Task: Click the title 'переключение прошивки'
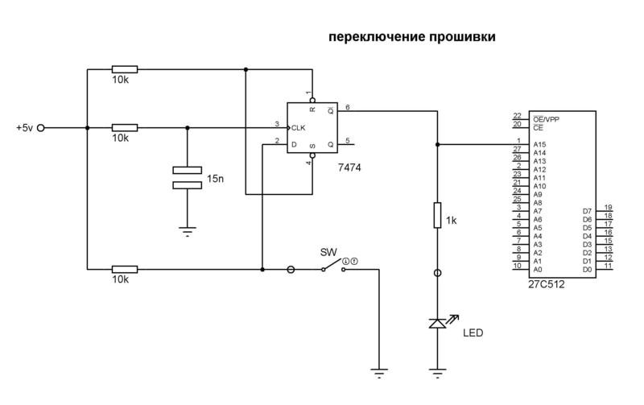pos(411,37)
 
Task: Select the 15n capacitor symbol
pos(188,176)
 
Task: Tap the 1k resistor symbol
pos(437,216)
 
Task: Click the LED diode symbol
pos(437,323)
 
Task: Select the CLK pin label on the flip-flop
pos(299,127)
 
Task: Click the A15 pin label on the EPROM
pos(539,145)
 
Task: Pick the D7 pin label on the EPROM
pos(587,211)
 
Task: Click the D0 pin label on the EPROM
pos(587,270)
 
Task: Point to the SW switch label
pos(328,251)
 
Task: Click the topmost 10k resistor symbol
pos(125,69)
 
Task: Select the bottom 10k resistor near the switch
pos(125,270)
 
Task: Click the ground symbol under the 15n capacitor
pos(188,231)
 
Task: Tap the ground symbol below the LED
pos(437,372)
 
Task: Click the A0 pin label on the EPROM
pos(538,270)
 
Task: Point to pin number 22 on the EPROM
pos(516,116)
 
